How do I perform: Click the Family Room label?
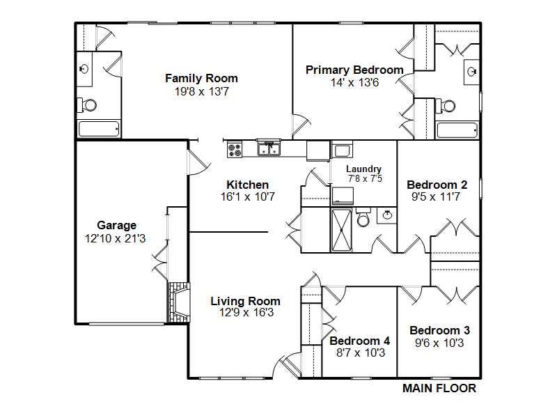click(x=201, y=78)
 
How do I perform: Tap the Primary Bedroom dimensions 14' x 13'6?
click(x=354, y=82)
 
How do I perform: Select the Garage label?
click(x=116, y=225)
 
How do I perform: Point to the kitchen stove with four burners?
click(x=235, y=149)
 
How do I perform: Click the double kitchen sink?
click(x=269, y=148)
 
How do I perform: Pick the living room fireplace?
click(x=179, y=302)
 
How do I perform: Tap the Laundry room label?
click(x=363, y=169)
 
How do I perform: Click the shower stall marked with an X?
click(x=341, y=231)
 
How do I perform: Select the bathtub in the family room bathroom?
click(x=99, y=129)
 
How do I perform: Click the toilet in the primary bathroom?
click(x=446, y=106)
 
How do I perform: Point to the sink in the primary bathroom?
click(x=472, y=72)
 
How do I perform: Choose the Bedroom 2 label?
click(x=437, y=185)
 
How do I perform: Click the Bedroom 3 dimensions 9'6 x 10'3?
click(x=439, y=343)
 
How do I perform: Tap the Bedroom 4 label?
click(x=360, y=341)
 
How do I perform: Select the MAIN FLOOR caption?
click(x=439, y=388)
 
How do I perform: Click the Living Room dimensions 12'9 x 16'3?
click(x=246, y=312)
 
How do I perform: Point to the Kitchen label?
click(x=248, y=185)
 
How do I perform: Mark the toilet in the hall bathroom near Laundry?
click(x=363, y=217)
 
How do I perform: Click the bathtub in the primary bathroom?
click(x=457, y=130)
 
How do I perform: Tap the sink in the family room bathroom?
click(x=84, y=68)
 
